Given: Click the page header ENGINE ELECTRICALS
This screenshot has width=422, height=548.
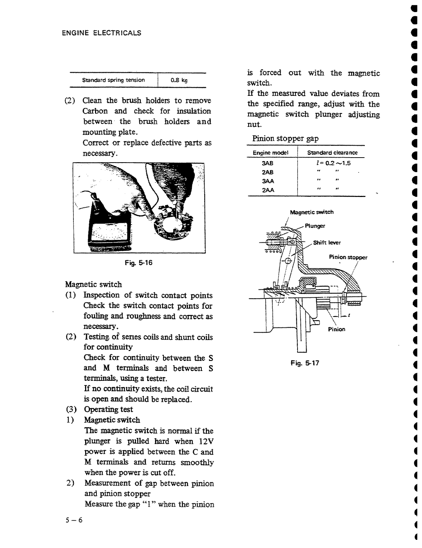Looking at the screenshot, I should pyautogui.click(x=101, y=33).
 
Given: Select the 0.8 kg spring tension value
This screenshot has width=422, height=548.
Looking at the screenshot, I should pyautogui.click(x=179, y=80).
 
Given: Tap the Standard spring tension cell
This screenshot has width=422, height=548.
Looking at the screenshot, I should pyautogui.click(x=113, y=80).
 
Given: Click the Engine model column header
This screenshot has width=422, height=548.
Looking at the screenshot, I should pyautogui.click(x=270, y=153).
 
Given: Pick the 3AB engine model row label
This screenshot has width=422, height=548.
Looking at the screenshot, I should pyautogui.click(x=268, y=163).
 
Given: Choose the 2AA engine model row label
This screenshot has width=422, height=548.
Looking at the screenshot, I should pyautogui.click(x=268, y=190).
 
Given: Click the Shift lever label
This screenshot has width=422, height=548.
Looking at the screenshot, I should pyautogui.click(x=327, y=243).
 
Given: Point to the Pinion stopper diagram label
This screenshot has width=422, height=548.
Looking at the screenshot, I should pyautogui.click(x=348, y=257).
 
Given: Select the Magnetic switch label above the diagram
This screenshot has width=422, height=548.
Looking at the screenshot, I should pyautogui.click(x=312, y=212).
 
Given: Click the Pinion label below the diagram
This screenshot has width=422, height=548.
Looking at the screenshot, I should pyautogui.click(x=336, y=329).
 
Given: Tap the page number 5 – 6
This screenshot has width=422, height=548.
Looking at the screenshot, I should pyautogui.click(x=74, y=520).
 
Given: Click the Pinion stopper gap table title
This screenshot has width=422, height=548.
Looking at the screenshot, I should pyautogui.click(x=285, y=138).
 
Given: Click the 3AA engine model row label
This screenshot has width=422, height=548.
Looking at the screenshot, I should pyautogui.click(x=268, y=181).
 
